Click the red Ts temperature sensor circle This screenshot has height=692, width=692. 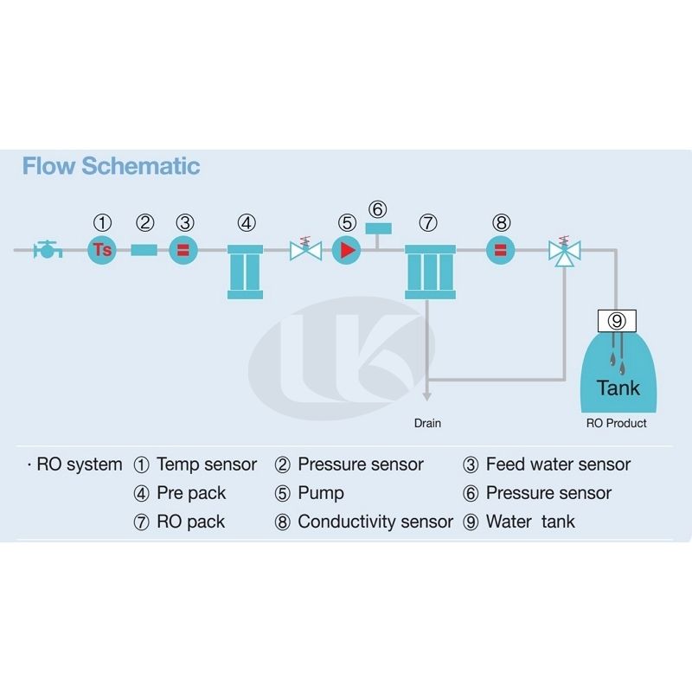click(102, 250)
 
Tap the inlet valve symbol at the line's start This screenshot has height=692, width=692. click(48, 251)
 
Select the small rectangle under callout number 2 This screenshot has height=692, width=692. click(144, 250)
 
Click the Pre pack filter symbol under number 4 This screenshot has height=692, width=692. click(246, 272)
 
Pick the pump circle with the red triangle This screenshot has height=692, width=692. click(346, 250)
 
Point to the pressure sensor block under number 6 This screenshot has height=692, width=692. click(378, 228)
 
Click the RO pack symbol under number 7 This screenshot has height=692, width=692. click(429, 272)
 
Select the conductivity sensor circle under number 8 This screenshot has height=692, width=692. click(501, 250)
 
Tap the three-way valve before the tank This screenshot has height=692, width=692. click(565, 252)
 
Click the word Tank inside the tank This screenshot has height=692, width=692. click(618, 387)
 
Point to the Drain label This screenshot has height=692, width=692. click(427, 423)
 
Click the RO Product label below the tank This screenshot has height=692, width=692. click(617, 423)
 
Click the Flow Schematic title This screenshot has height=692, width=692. click(111, 166)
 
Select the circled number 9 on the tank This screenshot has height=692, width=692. click(617, 320)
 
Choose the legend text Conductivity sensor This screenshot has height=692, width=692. click(375, 522)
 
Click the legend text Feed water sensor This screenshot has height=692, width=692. click(558, 465)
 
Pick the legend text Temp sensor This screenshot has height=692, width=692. click(207, 465)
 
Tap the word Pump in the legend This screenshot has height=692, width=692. click(321, 493)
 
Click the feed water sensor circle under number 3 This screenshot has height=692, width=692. click(183, 250)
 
